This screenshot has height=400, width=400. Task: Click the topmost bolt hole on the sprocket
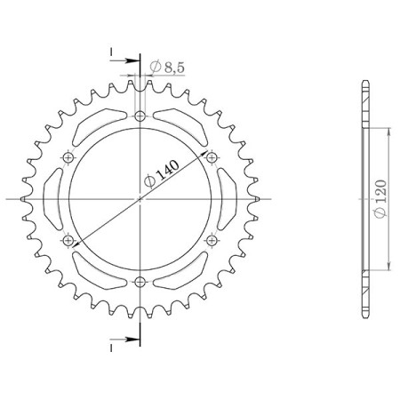pyautogui.click(x=140, y=116)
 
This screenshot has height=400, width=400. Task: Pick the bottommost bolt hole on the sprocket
pyautogui.click(x=140, y=282)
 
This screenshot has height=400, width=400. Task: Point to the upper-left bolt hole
pyautogui.click(x=68, y=157)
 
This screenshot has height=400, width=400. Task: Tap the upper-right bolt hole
pyautogui.click(x=212, y=157)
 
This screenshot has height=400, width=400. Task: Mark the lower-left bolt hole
pyautogui.click(x=68, y=240)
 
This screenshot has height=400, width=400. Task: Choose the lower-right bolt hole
pyautogui.click(x=212, y=240)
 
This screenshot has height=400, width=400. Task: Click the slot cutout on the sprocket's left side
pyautogui.click(x=52, y=199)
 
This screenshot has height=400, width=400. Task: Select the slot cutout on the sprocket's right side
pyautogui.click(x=228, y=199)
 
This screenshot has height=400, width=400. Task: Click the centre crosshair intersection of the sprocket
pyautogui.click(x=140, y=199)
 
